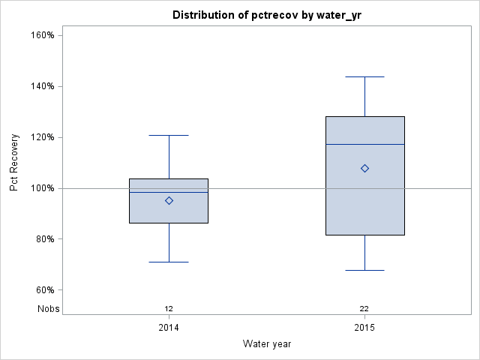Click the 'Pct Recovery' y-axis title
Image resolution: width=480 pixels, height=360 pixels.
(x=14, y=163)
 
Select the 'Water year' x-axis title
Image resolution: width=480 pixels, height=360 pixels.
(x=267, y=343)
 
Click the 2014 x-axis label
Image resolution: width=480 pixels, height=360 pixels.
(x=169, y=328)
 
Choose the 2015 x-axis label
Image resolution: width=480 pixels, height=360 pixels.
(x=364, y=328)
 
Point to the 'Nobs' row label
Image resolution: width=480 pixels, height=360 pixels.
(x=48, y=308)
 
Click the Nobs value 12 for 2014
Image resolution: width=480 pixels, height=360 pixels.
(x=169, y=308)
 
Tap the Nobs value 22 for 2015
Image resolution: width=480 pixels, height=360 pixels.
(x=364, y=308)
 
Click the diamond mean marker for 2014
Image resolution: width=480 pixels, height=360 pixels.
(x=169, y=200)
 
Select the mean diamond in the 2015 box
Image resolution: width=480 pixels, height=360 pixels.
(x=364, y=168)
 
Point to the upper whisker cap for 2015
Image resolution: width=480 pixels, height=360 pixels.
(x=364, y=76)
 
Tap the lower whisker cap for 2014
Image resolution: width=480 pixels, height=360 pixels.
(x=169, y=262)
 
